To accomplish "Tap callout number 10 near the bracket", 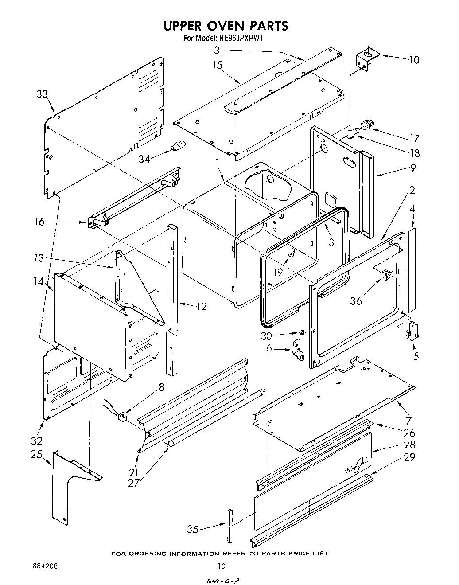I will (x=413, y=59).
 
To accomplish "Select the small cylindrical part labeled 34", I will (x=178, y=145).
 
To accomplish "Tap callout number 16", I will (x=40, y=222).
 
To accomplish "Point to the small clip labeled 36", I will (x=386, y=275).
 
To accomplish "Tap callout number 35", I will (x=192, y=529).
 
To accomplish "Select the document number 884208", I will (x=45, y=566).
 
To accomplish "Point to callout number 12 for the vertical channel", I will (x=202, y=306).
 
